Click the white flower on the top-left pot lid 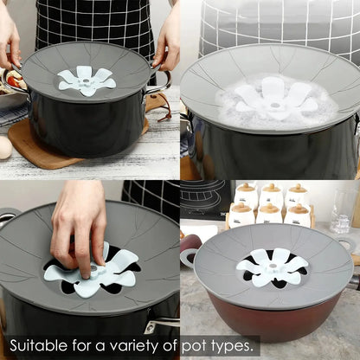(90, 80)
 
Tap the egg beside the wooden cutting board (4, 146)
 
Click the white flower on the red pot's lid (273, 267)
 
